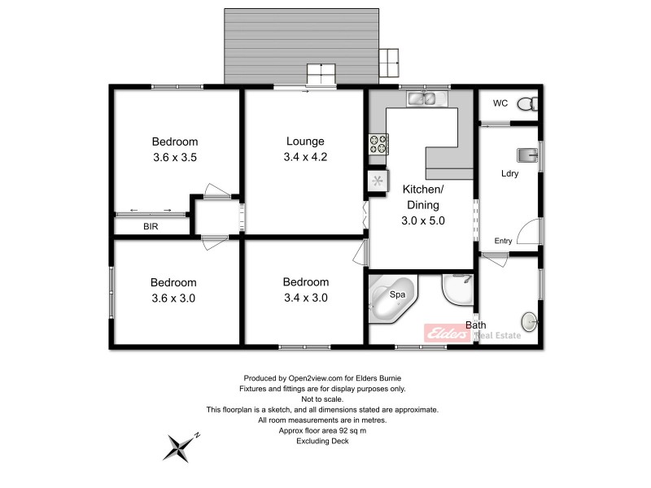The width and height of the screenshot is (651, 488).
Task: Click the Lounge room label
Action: coord(305,141)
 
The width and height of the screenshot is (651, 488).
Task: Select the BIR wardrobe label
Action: coord(151,227)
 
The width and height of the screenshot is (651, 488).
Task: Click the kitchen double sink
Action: coord(422,100)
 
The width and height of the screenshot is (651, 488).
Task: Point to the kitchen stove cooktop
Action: coord(378,144)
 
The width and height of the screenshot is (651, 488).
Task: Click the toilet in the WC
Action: coord(527,104)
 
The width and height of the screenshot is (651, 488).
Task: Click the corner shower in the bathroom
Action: coord(457,293)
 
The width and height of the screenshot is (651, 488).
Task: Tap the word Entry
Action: coord(503,241)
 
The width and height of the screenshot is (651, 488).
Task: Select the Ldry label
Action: coord(510,173)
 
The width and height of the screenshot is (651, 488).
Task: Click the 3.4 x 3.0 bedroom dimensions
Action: coord(305,298)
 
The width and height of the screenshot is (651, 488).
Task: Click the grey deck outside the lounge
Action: coord(301,41)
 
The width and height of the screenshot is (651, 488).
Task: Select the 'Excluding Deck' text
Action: coord(323,441)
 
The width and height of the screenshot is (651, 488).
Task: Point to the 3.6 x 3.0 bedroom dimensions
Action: coord(174,298)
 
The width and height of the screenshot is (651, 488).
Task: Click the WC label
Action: coord(500,103)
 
